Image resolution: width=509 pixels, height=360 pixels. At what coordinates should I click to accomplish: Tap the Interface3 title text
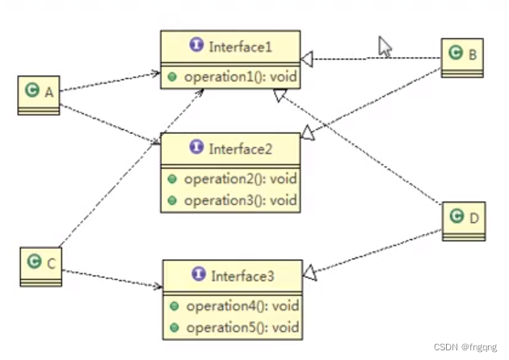click(x=242, y=276)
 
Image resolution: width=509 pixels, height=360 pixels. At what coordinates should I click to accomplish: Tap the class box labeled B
click(x=463, y=57)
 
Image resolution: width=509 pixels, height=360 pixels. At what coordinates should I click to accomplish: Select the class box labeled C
click(x=40, y=266)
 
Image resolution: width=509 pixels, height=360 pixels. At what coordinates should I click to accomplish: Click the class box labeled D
click(x=464, y=220)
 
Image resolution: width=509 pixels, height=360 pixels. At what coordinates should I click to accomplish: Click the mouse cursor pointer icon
click(x=385, y=47)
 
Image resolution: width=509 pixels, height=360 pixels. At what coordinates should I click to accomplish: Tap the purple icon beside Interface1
click(x=196, y=46)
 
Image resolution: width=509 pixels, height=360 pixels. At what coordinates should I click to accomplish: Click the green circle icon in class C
click(x=33, y=262)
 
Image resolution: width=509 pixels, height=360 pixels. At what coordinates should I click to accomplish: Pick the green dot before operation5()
click(x=174, y=328)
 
